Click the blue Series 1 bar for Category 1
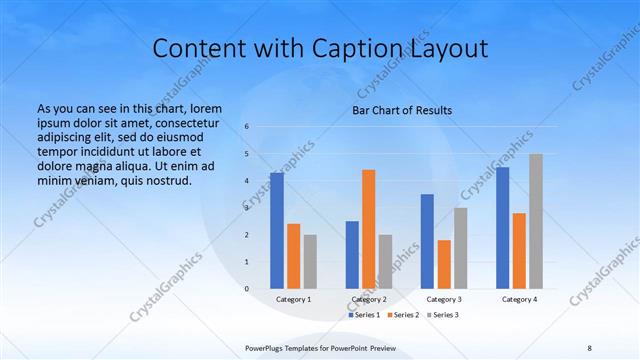277,231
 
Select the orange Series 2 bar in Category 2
368,229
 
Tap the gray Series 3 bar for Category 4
536,221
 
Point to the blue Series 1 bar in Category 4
502,228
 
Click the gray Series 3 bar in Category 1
310,262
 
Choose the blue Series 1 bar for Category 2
352,255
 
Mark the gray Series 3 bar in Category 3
460,248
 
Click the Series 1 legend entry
363,315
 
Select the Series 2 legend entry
403,315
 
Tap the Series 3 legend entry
443,315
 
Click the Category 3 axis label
444,299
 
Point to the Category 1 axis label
294,299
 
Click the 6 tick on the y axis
247,127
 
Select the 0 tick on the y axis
247,289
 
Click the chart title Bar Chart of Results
402,110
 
